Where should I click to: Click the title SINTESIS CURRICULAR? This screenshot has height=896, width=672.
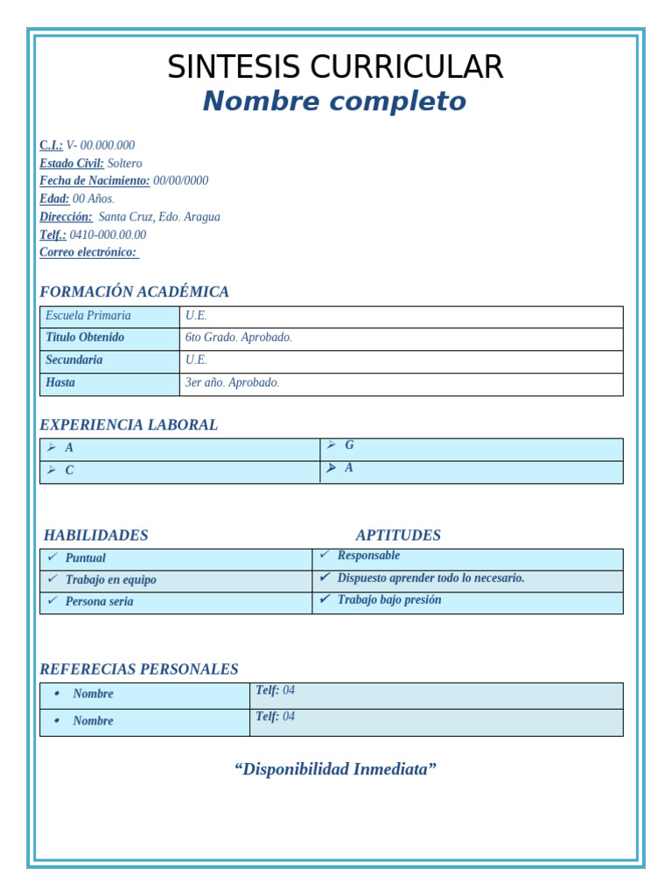335,67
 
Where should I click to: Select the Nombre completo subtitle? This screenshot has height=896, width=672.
334,101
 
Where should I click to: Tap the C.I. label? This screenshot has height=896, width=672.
51,145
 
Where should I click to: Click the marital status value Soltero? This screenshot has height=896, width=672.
124,164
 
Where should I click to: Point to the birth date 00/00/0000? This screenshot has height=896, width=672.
180,181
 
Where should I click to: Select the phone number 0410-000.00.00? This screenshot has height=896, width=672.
108,234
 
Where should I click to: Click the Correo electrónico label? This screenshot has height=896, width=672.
88,253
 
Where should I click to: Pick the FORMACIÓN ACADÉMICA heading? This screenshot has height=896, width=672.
134,292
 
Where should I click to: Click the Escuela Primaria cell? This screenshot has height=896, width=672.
88,316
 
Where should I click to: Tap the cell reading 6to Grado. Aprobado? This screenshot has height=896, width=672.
238,338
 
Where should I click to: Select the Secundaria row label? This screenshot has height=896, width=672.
74,360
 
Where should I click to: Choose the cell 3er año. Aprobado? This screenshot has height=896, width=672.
232,383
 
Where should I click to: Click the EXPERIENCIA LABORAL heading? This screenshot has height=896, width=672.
129,425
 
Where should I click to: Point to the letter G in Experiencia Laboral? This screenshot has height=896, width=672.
349,445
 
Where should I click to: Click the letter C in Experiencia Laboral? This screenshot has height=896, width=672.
69,471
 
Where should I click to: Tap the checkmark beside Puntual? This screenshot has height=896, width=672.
52,557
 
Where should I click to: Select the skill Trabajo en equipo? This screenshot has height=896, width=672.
110,580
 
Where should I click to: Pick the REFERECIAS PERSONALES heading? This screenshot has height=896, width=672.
138,669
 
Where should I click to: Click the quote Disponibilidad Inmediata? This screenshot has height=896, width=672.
335,770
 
